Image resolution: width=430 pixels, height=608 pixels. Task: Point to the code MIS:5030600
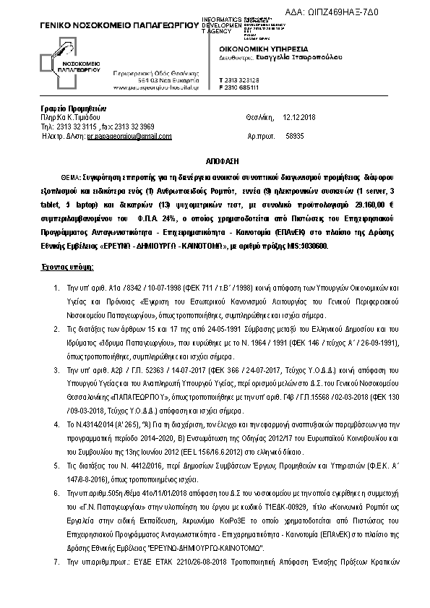tap(306, 246)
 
